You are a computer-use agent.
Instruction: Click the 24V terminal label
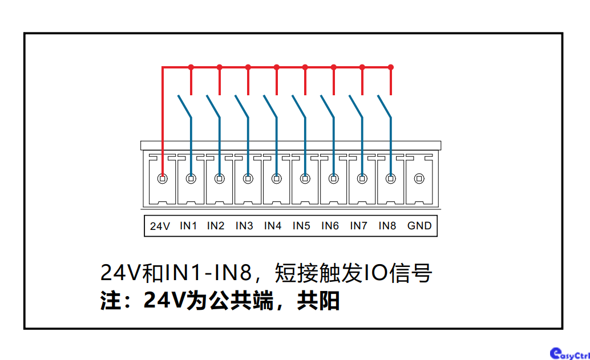coord(160,226)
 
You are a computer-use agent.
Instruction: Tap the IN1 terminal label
coord(188,226)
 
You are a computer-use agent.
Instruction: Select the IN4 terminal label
coord(273,226)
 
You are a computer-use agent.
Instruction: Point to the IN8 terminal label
coord(387,226)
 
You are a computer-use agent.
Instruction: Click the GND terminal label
coord(419,226)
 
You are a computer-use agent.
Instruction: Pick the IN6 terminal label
coord(330,226)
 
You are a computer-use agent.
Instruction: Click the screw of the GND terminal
coord(419,179)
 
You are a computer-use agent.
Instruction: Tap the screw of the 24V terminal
coord(163,179)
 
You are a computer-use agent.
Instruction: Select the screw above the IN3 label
coord(248,179)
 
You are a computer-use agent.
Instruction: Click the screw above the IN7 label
coord(362,179)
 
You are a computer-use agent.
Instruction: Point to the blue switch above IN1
coord(185,107)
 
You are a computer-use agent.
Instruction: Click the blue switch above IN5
coord(300,107)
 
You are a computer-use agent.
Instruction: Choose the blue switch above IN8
coord(385,107)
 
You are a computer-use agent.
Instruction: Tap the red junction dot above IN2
coord(220,67)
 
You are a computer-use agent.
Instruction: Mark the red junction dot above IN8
coord(391,67)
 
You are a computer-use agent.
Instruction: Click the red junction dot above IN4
coord(277,67)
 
